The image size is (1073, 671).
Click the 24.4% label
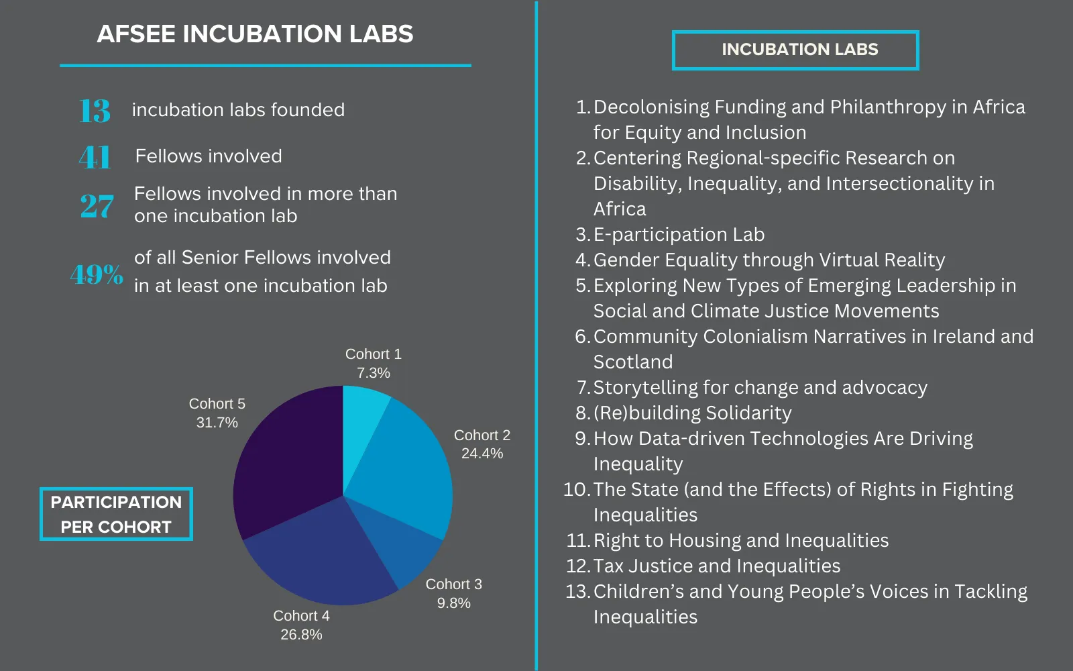tap(482, 454)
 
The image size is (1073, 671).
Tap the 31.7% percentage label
tap(217, 423)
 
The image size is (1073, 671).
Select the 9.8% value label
tap(453, 603)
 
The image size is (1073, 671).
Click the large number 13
tap(95, 111)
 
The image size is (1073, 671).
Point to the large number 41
tap(95, 158)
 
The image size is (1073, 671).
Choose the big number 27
tap(97, 206)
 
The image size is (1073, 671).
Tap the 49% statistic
tap(97, 274)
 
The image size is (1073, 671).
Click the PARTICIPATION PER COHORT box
tap(116, 514)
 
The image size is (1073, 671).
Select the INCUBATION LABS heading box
tap(795, 50)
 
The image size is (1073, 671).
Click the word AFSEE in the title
tap(136, 34)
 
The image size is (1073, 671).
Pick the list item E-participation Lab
tap(679, 235)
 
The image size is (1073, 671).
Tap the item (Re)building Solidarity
tap(692, 413)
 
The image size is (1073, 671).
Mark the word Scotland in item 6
tap(633, 362)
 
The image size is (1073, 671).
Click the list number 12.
tap(577, 566)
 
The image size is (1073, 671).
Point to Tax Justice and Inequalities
tap(716, 566)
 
